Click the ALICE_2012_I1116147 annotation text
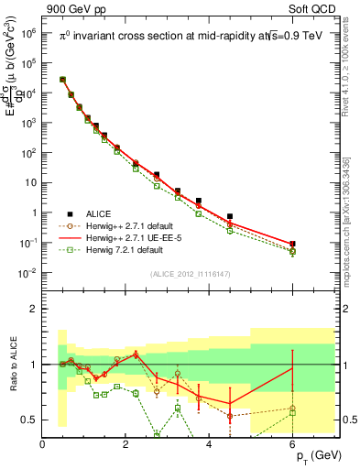(190, 274)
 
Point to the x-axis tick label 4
(210, 444)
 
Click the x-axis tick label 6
(293, 444)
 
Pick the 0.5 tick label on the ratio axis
(29, 420)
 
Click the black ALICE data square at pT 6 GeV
(292, 245)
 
